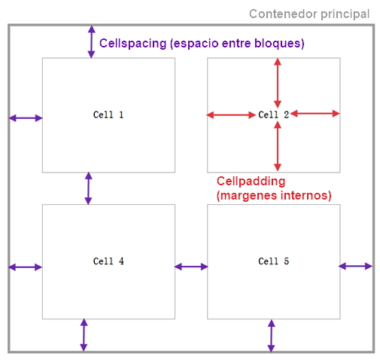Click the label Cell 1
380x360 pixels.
[108, 114]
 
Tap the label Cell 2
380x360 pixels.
[274, 114]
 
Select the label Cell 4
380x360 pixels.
[108, 261]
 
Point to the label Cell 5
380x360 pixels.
[274, 261]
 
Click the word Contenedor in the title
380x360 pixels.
[283, 14]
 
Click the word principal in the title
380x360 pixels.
[345, 14]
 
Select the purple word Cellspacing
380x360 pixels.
[133, 44]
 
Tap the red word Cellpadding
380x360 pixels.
[251, 182]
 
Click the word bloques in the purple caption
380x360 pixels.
[278, 43]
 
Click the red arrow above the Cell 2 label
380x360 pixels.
[278, 83]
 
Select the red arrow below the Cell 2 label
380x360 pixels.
[278, 146]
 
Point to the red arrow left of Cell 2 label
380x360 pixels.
[231, 115]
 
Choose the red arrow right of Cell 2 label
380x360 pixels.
[315, 114]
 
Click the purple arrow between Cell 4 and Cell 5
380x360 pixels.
[191, 267]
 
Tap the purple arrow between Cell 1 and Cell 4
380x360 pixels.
[88, 188]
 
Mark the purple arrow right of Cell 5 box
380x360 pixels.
[355, 266]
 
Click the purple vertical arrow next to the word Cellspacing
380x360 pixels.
[91, 42]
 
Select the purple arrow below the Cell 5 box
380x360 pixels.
[271, 336]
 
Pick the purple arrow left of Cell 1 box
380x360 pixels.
[26, 118]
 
